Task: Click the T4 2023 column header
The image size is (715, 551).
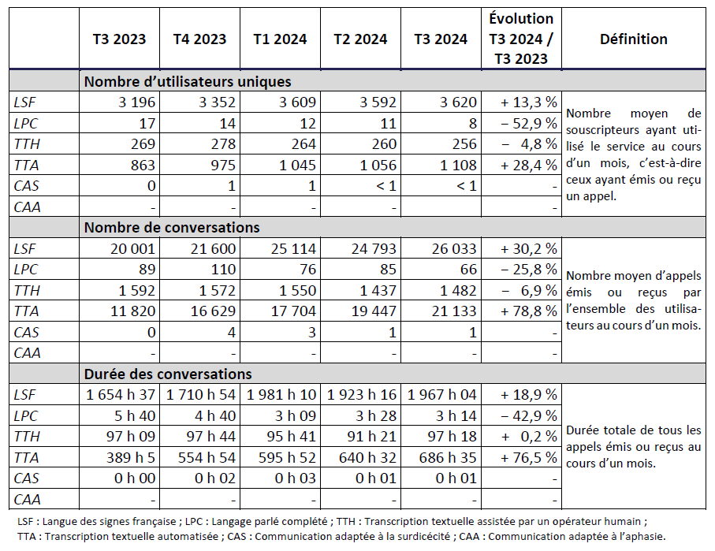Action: coord(199,39)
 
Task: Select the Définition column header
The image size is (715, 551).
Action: coord(633,39)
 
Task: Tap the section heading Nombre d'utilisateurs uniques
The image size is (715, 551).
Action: coord(188,81)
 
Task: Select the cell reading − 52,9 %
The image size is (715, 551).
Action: coord(528,123)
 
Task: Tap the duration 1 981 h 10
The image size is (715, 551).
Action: coord(281,394)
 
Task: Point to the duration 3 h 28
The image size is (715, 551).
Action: coord(375,415)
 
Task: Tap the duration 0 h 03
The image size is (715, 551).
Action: coord(296,478)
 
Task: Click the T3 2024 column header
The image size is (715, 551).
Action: coord(440,39)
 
